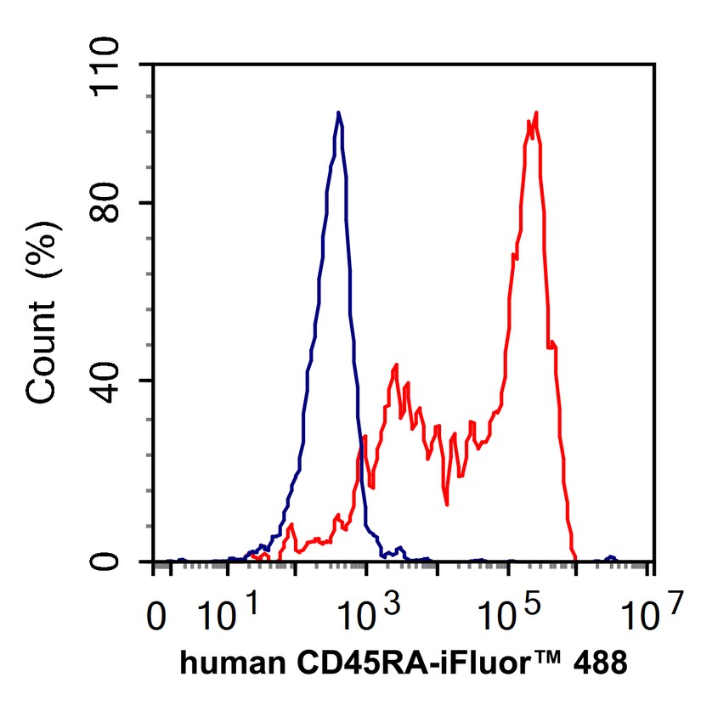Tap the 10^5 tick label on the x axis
(507, 613)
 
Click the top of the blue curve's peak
(338, 112)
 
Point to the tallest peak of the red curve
(536, 113)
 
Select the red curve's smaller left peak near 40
(396, 365)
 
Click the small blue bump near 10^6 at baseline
(609, 557)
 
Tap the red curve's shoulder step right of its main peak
(552, 343)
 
